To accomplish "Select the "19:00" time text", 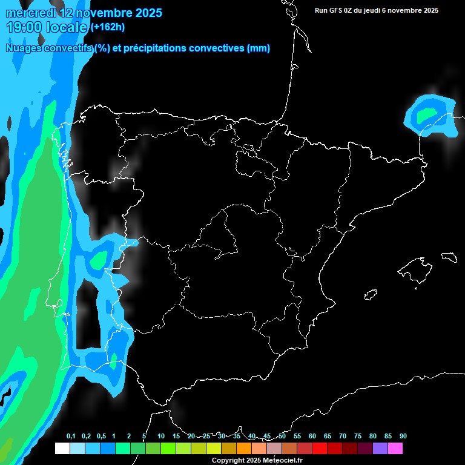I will coord(25,27).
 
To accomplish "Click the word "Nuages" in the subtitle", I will coord(24,48).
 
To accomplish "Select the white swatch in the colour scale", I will coord(62,449).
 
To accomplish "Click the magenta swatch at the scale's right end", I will coord(395,449).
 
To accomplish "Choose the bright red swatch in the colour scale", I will coord(320,449).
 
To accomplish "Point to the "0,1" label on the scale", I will coord(70,437).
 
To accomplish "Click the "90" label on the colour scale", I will coord(403,437).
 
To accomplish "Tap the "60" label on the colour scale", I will coord(312,437).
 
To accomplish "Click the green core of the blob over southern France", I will coord(427,113).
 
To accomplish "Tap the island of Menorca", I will coord(449,257).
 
